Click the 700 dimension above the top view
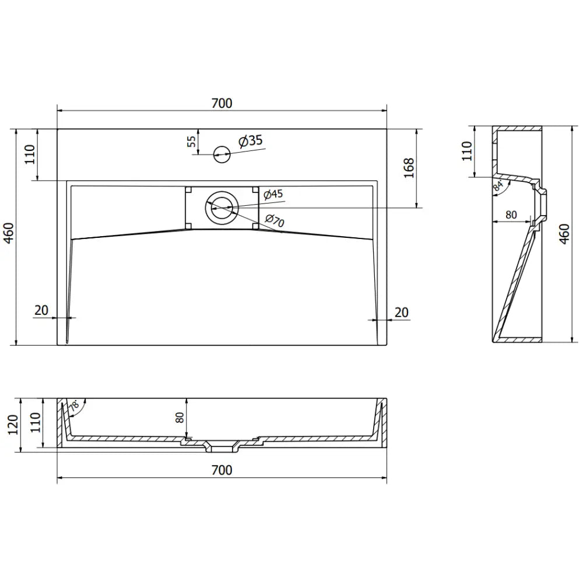pyautogui.click(x=222, y=103)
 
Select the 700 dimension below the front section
pyautogui.click(x=222, y=470)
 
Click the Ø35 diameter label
pyautogui.click(x=250, y=141)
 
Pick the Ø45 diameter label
pyautogui.click(x=273, y=194)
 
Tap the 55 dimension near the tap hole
pyautogui.click(x=192, y=142)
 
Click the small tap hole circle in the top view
pyautogui.click(x=222, y=154)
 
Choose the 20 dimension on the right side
pyautogui.click(x=402, y=312)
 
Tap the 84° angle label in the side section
pyautogui.click(x=497, y=187)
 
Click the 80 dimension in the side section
pyautogui.click(x=511, y=215)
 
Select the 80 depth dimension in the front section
pyautogui.click(x=180, y=417)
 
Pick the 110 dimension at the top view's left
pyautogui.click(x=31, y=154)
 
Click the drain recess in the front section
pyautogui.click(x=222, y=448)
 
